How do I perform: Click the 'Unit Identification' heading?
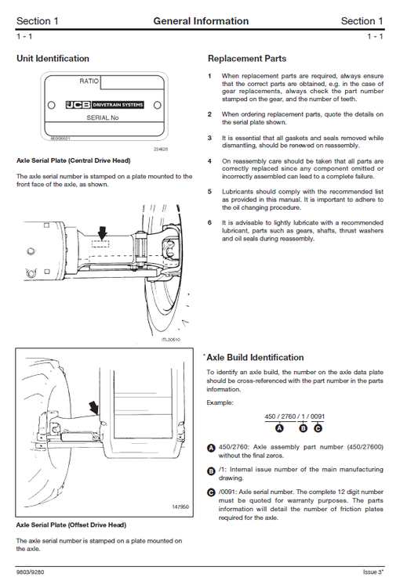pyautogui.click(x=53, y=59)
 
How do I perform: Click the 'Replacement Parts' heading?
pyautogui.click(x=246, y=59)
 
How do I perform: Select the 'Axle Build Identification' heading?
pyautogui.click(x=254, y=358)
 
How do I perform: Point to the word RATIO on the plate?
pyautogui.click(x=89, y=81)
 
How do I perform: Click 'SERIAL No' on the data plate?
pyautogui.click(x=103, y=117)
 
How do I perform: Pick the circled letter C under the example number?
pyautogui.click(x=317, y=427)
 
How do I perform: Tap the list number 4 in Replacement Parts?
pyautogui.click(x=209, y=161)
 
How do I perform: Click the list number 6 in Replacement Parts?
pyautogui.click(x=209, y=222)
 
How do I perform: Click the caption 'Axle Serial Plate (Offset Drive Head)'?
pyautogui.click(x=71, y=525)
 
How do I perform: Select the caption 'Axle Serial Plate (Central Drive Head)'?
pyautogui.click(x=73, y=160)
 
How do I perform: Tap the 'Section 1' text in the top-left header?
pyautogui.click(x=37, y=21)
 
